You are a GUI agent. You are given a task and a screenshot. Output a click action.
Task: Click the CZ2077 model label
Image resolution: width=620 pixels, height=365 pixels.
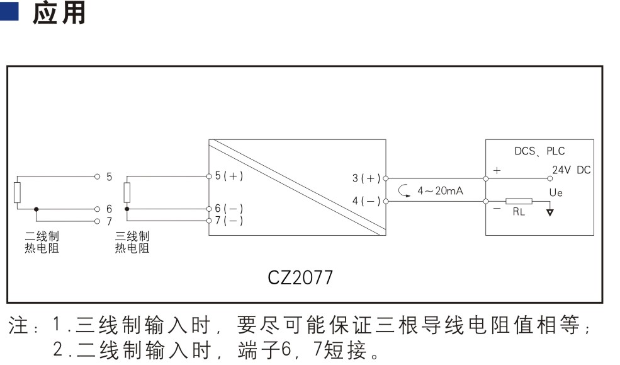[300, 277]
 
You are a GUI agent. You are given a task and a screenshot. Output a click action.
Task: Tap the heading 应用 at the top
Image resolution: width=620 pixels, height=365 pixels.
[59, 13]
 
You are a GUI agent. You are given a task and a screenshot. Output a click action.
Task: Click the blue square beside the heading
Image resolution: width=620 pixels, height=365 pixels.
[9, 11]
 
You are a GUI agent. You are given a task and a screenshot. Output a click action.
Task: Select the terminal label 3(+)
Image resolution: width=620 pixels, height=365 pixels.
[366, 178]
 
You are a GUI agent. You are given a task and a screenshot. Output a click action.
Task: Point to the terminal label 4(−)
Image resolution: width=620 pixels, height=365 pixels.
[366, 200]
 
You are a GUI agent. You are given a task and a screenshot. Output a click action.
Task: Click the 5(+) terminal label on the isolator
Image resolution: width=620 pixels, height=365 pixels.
[229, 176]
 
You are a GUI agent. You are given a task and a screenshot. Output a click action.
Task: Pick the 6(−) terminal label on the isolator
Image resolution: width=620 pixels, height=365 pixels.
[229, 208]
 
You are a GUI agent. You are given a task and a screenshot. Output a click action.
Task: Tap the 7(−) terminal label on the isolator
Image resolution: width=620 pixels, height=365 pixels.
[229, 220]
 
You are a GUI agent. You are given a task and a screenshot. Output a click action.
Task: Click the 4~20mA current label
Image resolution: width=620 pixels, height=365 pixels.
[440, 191]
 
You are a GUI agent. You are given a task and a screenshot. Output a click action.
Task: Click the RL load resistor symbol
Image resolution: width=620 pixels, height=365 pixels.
[519, 202]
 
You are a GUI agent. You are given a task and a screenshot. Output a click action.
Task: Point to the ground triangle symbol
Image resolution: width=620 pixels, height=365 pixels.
[550, 212]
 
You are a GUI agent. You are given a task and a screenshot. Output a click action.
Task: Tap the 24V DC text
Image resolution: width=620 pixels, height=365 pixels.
[572, 170]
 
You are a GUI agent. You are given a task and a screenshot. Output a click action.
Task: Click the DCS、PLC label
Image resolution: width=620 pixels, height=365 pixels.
[539, 151]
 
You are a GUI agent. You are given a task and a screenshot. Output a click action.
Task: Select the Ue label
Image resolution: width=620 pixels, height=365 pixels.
[556, 193]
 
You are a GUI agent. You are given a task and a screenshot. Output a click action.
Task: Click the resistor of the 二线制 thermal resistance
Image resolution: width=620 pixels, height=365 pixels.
[18, 193]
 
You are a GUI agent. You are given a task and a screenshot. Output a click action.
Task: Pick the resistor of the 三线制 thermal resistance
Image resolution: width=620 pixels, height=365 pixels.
[127, 193]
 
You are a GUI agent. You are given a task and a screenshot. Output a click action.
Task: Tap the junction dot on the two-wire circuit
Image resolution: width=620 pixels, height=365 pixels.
[37, 209]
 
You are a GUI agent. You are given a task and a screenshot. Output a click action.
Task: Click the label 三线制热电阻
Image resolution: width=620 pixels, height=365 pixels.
[132, 242]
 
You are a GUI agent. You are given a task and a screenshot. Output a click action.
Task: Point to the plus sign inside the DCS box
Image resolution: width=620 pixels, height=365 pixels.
[497, 170]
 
